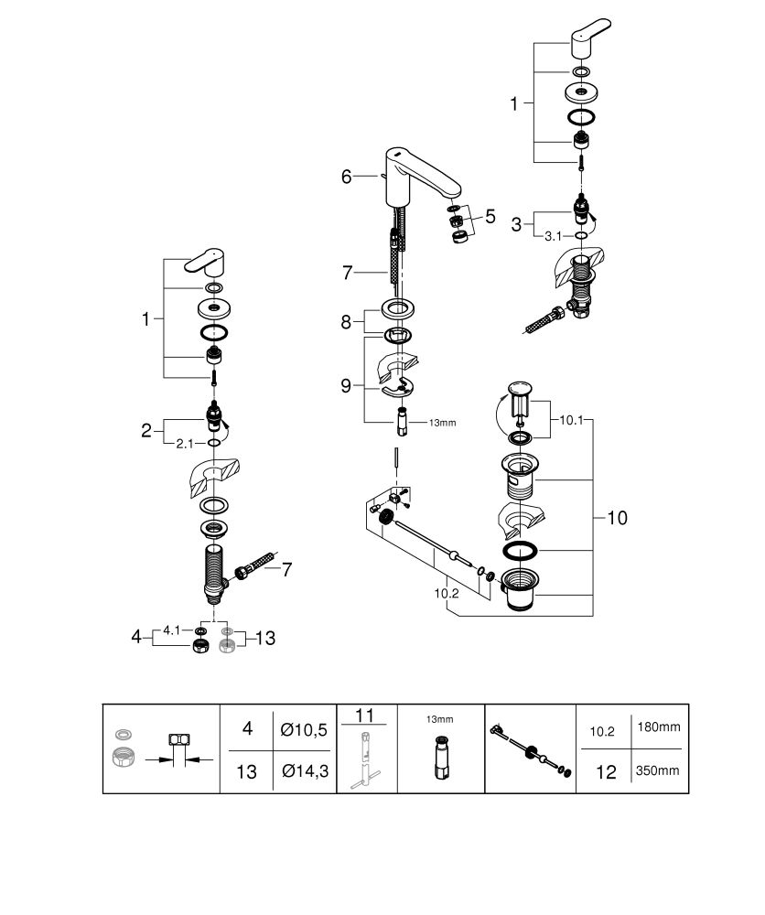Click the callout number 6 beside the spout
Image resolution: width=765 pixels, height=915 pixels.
347,177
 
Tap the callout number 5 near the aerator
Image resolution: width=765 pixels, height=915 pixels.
490,217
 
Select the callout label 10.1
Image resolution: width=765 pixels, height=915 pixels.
571,420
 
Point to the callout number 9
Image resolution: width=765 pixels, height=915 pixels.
346,386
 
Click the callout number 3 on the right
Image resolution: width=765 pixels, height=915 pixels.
516,224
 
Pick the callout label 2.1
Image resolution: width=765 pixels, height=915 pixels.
185,444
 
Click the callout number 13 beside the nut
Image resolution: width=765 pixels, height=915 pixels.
265,638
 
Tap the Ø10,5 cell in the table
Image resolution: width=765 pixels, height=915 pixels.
304,729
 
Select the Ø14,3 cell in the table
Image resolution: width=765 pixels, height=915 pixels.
306,771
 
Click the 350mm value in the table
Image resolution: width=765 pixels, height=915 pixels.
658,770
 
